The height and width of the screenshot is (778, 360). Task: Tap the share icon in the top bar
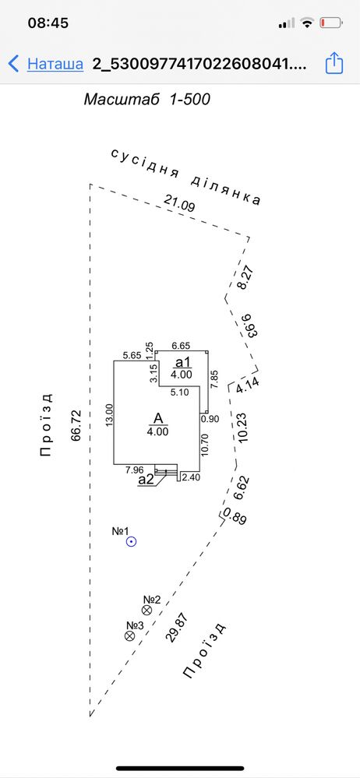334,64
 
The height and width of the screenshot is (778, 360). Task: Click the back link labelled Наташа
55,64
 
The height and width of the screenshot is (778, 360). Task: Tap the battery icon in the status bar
331,23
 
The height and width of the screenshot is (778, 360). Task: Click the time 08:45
48,23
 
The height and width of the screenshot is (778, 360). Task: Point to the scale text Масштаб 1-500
147,100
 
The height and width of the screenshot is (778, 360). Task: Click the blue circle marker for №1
131,542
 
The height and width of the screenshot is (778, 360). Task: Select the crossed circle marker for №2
147,611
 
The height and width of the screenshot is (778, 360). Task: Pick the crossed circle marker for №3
130,635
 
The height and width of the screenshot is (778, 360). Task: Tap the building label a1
182,361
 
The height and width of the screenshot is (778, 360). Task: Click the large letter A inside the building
158,419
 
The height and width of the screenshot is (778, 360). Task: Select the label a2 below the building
146,479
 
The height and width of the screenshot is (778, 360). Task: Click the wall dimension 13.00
110,415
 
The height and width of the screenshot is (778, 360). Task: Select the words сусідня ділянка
185,176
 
